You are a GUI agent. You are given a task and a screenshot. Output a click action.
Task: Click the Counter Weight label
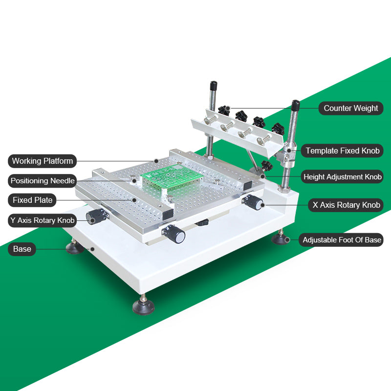tap(350, 108)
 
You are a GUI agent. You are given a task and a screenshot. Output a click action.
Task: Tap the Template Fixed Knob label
tap(342, 151)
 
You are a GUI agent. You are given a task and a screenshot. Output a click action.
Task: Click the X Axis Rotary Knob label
tap(346, 205)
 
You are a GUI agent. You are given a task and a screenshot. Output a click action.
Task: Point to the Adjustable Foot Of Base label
tap(342, 240)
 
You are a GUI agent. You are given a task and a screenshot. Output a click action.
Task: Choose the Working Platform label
tap(43, 161)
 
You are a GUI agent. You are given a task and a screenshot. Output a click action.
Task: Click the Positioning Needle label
tap(43, 181)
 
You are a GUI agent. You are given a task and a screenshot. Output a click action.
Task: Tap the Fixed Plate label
tap(32, 200)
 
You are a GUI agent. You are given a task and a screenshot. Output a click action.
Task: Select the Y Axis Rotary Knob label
tap(43, 220)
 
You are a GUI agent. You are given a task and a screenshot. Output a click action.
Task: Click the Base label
tap(22, 249)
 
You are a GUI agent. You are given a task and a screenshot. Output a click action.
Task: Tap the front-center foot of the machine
tap(143, 306)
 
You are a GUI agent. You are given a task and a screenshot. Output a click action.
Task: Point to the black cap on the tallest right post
tap(295, 106)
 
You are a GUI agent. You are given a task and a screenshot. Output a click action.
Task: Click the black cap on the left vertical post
tap(213, 86)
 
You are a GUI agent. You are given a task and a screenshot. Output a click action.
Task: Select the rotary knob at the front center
tap(177, 236)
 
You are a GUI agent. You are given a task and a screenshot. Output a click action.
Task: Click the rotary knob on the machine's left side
tap(95, 217)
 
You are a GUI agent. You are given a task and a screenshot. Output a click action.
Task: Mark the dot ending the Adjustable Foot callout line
tap(288, 239)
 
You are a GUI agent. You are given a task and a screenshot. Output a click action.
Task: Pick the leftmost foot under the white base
tap(75, 248)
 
